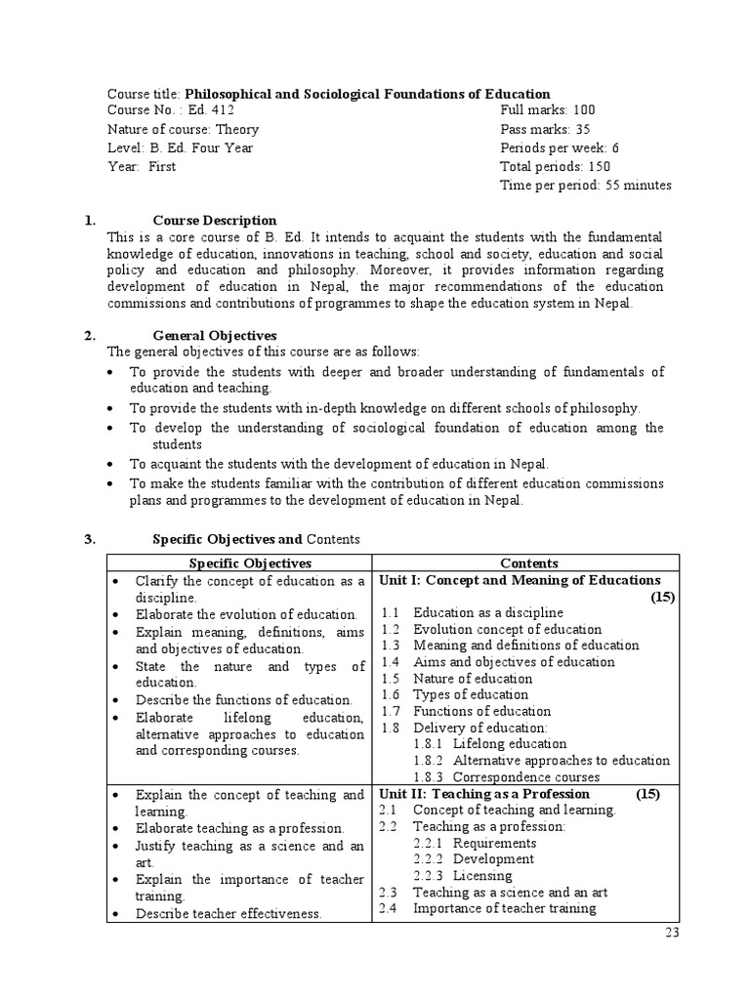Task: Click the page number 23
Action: coord(671,932)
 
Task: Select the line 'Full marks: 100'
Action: coord(547,110)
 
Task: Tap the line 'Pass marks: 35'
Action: coord(546,129)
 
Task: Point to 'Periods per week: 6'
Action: coord(560,147)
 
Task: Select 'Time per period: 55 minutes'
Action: coord(585,185)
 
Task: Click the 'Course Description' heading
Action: coord(215,221)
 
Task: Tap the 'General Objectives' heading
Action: coord(215,336)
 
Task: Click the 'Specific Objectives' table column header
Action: coord(249,563)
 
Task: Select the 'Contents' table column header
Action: coord(528,563)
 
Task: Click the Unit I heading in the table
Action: coord(519,580)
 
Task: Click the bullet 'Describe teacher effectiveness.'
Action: coord(229,913)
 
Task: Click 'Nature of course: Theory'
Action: coord(183,129)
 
